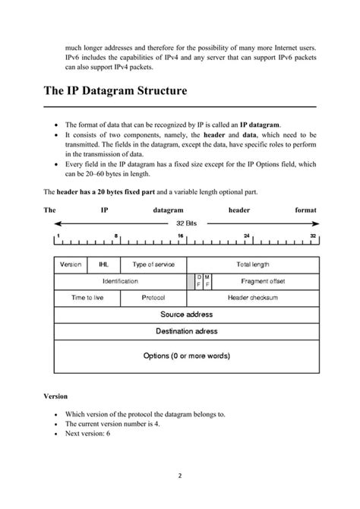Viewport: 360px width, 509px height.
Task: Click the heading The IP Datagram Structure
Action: (x=115, y=92)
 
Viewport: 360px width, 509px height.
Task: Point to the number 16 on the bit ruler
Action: (x=181, y=236)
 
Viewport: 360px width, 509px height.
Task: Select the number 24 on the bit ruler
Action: (x=248, y=236)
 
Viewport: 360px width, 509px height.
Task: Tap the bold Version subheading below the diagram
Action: (x=55, y=396)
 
